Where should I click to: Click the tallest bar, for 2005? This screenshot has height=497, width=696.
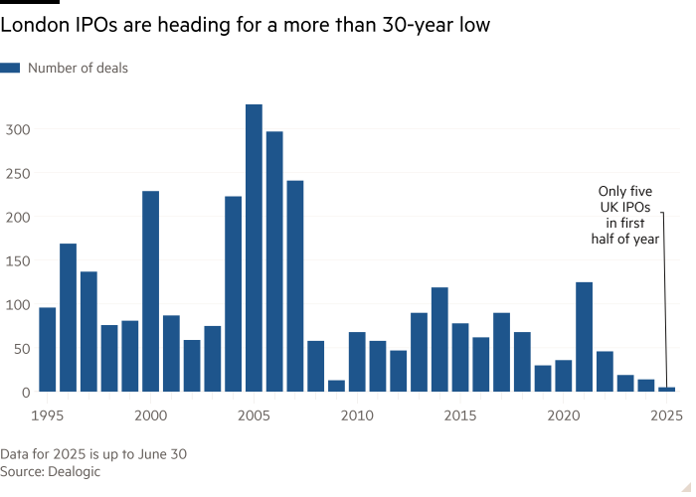[254, 248]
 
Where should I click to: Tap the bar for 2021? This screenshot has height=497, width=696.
[584, 337]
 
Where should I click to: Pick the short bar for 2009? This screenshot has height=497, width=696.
[336, 386]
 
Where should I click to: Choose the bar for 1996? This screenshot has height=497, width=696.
[68, 318]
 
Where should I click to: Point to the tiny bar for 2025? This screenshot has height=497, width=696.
[666, 389]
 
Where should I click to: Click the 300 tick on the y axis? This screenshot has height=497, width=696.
[19, 129]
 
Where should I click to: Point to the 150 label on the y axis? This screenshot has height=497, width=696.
[19, 260]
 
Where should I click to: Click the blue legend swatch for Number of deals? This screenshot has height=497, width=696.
[11, 69]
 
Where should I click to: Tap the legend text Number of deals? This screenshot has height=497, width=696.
[78, 69]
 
